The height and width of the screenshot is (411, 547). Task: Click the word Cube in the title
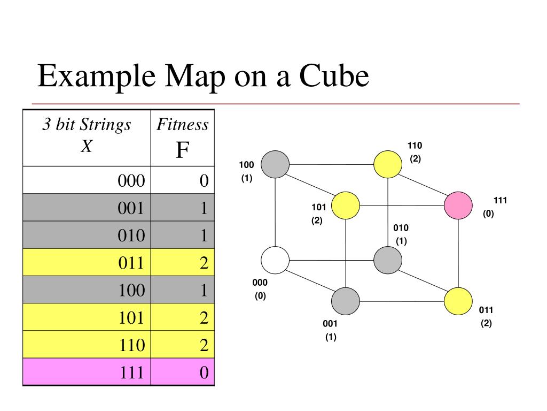[334, 76]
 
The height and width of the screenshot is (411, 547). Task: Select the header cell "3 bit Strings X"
[87, 136]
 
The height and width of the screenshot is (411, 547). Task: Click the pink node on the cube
[458, 205]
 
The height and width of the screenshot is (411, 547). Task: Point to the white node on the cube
[275, 260]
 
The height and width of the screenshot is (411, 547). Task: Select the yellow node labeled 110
[387, 164]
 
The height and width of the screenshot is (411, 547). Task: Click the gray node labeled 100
[275, 163]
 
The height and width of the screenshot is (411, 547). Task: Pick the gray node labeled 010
[387, 260]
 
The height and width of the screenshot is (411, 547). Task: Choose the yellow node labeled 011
[458, 301]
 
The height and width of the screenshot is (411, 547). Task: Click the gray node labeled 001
[346, 301]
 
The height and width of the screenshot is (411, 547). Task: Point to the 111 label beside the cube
[500, 201]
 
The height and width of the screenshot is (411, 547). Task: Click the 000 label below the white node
[260, 283]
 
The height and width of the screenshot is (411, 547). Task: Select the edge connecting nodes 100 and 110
[331, 164]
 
